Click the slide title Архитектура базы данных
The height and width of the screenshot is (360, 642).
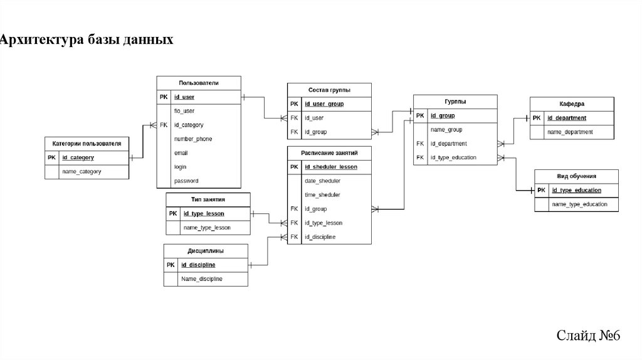87,40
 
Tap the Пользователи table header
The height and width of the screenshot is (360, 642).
198,83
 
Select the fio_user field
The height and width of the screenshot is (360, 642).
184,111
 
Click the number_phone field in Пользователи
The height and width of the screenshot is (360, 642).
193,139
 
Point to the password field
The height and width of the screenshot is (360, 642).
186,181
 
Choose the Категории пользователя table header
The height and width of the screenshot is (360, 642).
87,144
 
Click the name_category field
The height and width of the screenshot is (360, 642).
82,171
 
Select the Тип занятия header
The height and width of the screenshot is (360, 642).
208,199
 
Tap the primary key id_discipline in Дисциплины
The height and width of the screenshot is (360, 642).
198,265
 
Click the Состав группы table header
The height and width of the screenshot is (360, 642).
329,90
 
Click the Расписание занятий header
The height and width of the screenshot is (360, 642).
329,152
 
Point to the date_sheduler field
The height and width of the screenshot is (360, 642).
322,181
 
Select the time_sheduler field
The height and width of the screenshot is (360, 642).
322,194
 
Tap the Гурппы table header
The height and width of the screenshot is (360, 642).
455,102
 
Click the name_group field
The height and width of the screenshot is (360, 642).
446,129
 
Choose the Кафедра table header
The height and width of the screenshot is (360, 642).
572,103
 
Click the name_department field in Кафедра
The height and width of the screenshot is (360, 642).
570,132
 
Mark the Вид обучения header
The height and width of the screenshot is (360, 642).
576,176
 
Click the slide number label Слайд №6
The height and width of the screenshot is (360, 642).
588,336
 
